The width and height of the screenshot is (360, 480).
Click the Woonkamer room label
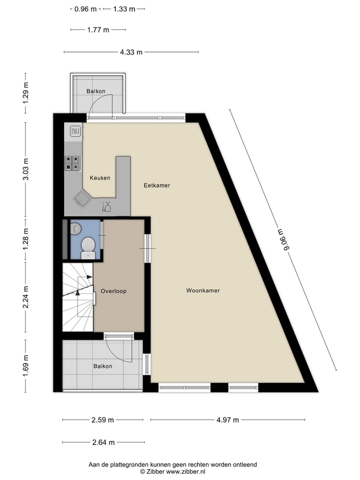(x=203, y=290)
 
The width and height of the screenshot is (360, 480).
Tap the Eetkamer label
(x=156, y=185)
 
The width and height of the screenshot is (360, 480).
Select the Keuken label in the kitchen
(x=100, y=178)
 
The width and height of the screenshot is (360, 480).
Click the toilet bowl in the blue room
(x=88, y=246)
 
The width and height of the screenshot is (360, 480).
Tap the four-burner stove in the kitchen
(x=72, y=163)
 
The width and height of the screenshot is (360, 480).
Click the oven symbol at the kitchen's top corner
(x=76, y=131)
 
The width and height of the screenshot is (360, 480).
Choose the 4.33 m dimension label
(x=130, y=52)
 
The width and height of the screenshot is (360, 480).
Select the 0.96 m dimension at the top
(x=85, y=9)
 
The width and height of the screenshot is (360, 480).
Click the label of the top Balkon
(x=95, y=91)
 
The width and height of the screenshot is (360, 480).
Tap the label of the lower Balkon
(x=102, y=366)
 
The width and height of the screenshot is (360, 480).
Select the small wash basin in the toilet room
(x=75, y=228)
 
